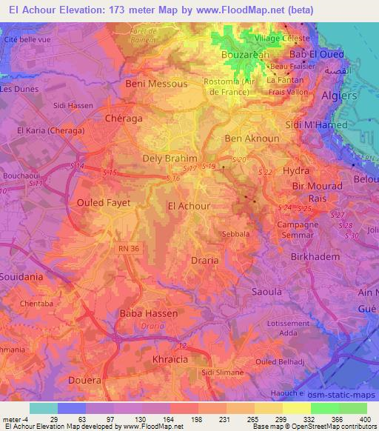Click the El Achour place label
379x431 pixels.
point(189,207)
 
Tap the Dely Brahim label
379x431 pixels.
point(170,158)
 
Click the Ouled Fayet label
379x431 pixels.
point(104,201)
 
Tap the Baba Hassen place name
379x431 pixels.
point(149,313)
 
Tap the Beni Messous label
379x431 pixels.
point(156,84)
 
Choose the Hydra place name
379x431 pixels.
point(296,171)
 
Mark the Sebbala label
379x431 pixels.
point(235,233)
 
